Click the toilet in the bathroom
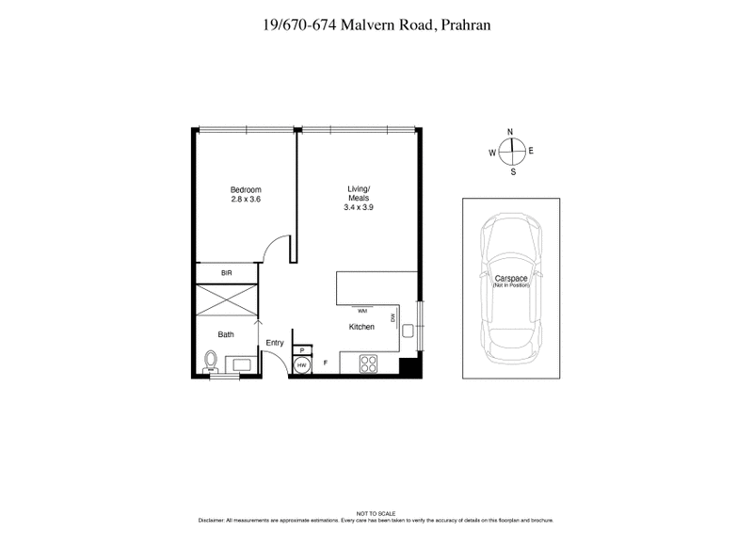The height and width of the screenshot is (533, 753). [x=211, y=361]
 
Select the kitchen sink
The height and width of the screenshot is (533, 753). [x=408, y=331]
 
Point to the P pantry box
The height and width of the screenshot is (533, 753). [x=301, y=349]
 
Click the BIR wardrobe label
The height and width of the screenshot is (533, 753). [x=226, y=273]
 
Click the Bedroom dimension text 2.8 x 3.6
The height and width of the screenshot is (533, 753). [x=245, y=199]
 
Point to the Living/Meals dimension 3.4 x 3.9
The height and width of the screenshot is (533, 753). [x=359, y=208]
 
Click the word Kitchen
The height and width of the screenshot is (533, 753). [x=362, y=327]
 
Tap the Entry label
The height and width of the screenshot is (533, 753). [x=275, y=343]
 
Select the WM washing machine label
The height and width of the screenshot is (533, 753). [x=362, y=308]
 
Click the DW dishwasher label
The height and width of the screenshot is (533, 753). [x=393, y=318]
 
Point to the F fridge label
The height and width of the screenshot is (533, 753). [x=326, y=363]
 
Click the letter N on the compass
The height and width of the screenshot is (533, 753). [x=510, y=133]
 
